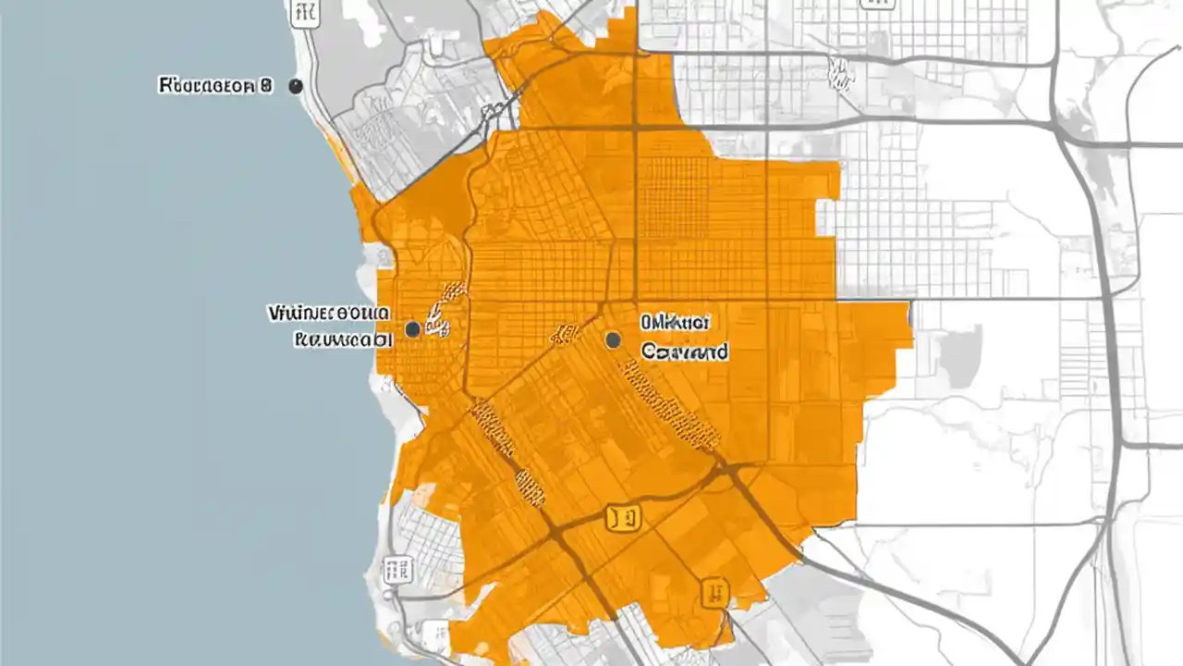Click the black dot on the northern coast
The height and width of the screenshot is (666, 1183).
[x=296, y=86]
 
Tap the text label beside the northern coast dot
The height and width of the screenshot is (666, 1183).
[x=216, y=86]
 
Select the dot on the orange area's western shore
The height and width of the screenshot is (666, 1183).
[x=412, y=328]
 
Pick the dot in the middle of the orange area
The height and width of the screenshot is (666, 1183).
[x=612, y=340]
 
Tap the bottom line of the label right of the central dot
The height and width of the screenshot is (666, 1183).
[x=684, y=351]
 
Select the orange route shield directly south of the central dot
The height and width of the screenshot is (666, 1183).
[x=623, y=518]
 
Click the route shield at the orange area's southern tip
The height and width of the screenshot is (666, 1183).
[x=713, y=592]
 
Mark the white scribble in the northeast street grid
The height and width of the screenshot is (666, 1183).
[x=839, y=74]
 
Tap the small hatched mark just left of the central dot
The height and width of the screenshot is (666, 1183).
[x=563, y=334]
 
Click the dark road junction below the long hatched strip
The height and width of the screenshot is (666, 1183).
[x=730, y=472]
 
